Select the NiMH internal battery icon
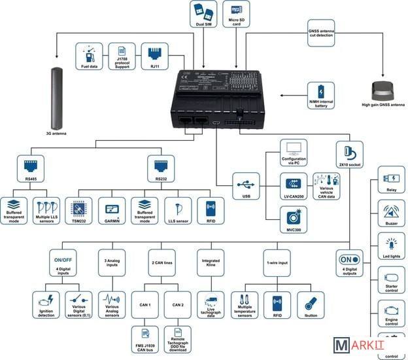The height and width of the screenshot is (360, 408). [321, 95]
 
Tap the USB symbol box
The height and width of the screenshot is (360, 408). [246, 185]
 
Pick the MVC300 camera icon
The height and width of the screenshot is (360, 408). [294, 219]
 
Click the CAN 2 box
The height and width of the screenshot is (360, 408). [178, 304]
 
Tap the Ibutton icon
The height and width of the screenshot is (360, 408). [311, 304]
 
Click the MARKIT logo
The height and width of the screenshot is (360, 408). [367, 346]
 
